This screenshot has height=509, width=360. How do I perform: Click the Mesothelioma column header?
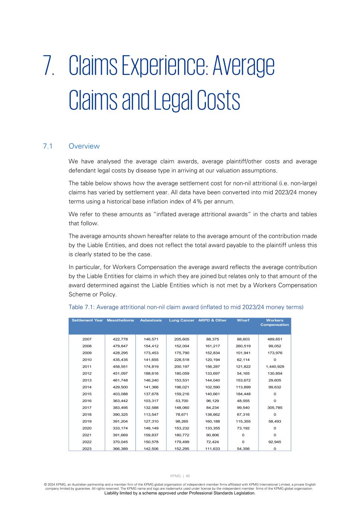point(120,320)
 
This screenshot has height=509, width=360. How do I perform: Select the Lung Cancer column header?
point(182,320)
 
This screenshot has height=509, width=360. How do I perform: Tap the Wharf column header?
point(243,320)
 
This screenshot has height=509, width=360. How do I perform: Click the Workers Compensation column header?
point(275,323)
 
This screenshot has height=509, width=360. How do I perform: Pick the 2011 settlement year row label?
point(87,367)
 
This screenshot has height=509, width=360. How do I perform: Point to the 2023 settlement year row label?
point(87,449)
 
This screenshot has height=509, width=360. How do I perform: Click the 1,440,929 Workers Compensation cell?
point(275,367)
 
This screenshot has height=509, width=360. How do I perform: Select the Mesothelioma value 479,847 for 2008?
point(120,346)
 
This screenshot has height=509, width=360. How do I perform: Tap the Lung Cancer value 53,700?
point(182,401)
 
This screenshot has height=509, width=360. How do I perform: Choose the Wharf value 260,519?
point(243,346)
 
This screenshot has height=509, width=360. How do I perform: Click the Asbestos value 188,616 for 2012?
point(151,373)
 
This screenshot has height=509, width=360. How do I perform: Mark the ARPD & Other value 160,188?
point(212,421)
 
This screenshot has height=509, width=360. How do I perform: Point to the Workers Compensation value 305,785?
point(275,408)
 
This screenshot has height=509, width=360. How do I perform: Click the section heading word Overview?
point(84,146)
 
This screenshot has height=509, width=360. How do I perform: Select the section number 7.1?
point(47,146)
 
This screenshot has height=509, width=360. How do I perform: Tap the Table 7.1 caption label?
point(81,307)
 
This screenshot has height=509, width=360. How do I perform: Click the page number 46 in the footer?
point(188,476)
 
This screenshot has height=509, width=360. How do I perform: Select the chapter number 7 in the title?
point(48,66)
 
